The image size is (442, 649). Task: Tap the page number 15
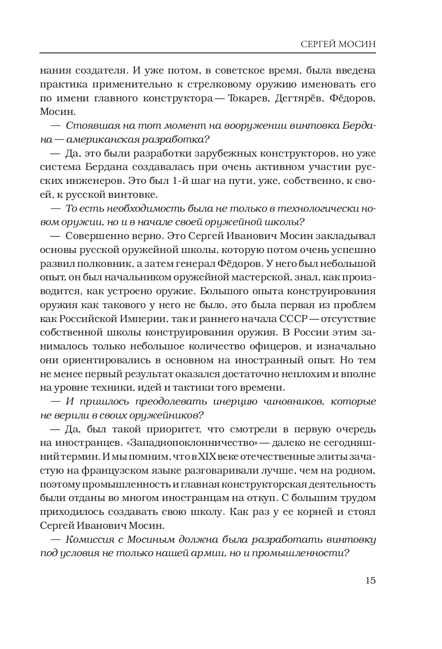(x=370, y=580)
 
